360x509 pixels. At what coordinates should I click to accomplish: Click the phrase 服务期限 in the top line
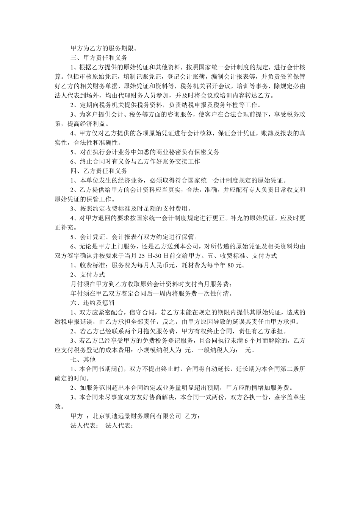coord(122,48)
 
